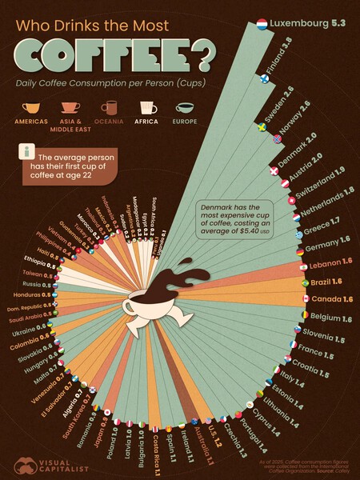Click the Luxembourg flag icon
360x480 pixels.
tap(262, 24)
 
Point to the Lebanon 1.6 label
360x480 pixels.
tap(330, 262)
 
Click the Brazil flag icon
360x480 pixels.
tap(303, 283)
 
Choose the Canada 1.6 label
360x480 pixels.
tap(331, 300)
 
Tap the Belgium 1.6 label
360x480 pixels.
tap(330, 318)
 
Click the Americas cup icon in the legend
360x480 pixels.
tap(32, 109)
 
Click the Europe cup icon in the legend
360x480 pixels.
tap(186, 109)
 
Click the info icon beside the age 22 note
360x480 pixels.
tap(29, 152)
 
